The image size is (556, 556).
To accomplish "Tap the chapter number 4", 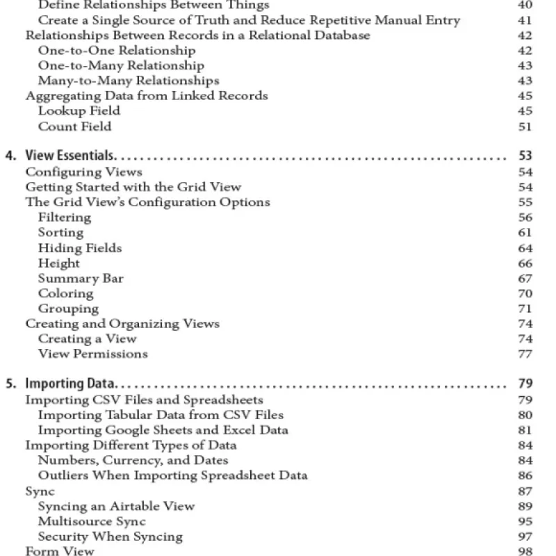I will [10, 156].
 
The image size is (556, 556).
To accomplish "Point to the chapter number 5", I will [10, 384].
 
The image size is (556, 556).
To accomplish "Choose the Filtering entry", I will [65, 218].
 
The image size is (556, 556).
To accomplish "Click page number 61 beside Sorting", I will [525, 233].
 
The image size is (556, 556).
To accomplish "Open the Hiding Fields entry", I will [80, 248].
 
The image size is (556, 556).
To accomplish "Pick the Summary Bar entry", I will [81, 279].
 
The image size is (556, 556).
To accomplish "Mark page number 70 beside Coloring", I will [525, 294].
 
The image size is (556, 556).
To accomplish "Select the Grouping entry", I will [68, 309].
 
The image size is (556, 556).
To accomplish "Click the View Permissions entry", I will [92, 354].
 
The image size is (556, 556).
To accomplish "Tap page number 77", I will [525, 354].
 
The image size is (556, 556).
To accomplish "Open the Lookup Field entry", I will [79, 111].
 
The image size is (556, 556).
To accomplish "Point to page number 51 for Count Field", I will [525, 126].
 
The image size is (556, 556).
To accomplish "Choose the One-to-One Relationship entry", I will [117, 51].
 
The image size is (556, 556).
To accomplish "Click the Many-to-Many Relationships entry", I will [129, 81].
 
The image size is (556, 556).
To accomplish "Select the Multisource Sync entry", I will [92, 521].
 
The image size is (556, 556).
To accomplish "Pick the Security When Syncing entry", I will [110, 537].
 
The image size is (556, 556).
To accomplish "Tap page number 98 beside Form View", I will [525, 552].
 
